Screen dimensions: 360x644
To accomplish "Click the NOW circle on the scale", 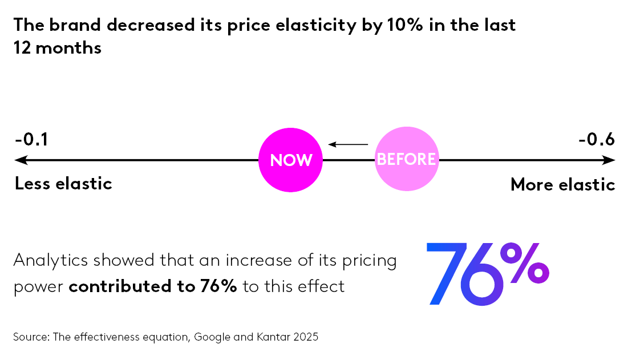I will tap(290, 160).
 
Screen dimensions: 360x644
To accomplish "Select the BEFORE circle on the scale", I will tap(407, 159).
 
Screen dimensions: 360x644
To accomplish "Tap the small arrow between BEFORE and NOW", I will tap(348, 144).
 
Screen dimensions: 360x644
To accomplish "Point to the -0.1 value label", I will tap(31, 139).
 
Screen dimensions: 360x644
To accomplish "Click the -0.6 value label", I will tap(597, 139).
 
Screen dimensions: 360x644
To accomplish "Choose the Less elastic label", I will tap(63, 184).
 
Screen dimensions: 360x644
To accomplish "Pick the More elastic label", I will tap(562, 184).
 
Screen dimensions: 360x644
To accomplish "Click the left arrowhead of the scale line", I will tap(19, 160).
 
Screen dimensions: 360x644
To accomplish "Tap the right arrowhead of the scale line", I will tap(611, 160).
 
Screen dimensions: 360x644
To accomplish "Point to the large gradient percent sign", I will tap(530, 264).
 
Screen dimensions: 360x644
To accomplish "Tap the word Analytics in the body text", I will tap(50, 260).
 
